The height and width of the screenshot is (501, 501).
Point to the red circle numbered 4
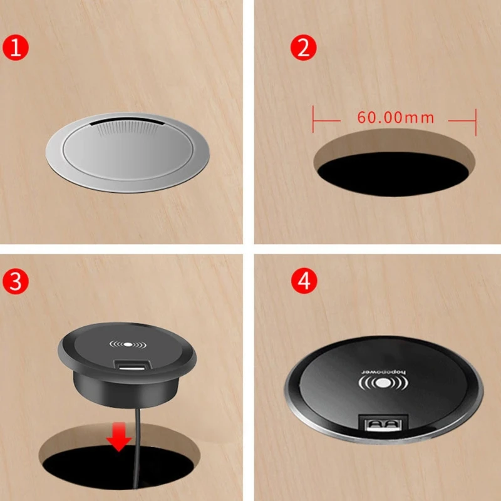[303, 281]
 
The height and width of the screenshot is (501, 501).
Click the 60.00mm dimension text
[395, 117]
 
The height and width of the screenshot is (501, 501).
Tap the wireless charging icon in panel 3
[127, 344]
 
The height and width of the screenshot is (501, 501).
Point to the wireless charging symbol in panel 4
[383, 384]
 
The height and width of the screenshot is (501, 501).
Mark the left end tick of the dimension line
[313, 118]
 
